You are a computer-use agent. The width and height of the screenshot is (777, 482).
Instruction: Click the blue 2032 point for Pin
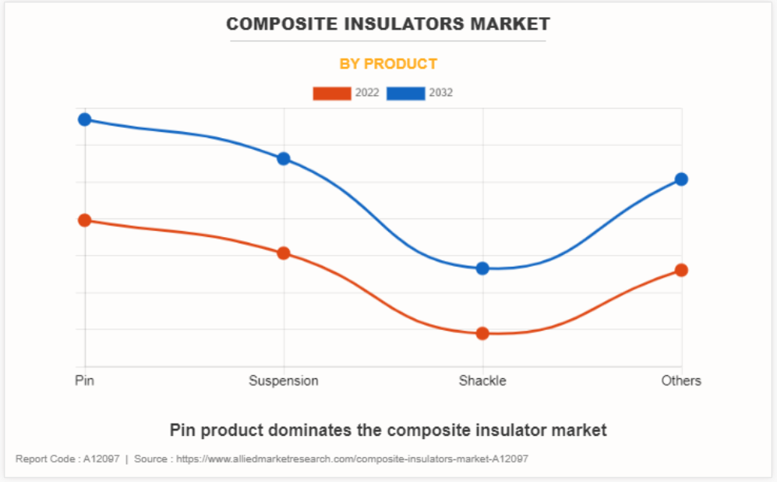[85, 119]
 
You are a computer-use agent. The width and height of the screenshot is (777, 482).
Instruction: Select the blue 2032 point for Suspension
[284, 158]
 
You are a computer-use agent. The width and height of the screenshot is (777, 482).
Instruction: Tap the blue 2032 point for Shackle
[482, 268]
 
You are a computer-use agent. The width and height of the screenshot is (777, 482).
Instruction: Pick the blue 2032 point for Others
[681, 179]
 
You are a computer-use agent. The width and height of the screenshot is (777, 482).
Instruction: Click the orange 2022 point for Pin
[85, 220]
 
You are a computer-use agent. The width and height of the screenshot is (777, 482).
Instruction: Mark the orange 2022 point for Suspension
[284, 253]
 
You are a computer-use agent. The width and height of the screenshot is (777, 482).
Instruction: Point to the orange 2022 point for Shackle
[482, 333]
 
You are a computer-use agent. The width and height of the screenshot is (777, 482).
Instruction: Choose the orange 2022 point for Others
[681, 270]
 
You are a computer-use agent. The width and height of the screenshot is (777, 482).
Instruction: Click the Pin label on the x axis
[85, 381]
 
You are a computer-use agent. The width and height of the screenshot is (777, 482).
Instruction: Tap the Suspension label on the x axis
[284, 381]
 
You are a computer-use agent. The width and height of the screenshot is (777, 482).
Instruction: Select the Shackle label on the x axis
[482, 381]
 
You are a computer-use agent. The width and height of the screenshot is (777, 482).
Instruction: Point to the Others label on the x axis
[681, 381]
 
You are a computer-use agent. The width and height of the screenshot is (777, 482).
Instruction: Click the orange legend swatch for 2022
[332, 93]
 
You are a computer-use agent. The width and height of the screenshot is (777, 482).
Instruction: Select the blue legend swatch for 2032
[406, 93]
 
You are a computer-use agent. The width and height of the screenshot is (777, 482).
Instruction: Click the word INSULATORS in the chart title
[402, 24]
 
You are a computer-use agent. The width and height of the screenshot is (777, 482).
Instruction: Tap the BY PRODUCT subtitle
[388, 64]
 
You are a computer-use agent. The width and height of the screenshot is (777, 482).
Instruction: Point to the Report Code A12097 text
[68, 459]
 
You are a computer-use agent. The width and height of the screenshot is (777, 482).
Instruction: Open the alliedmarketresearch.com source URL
[352, 459]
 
